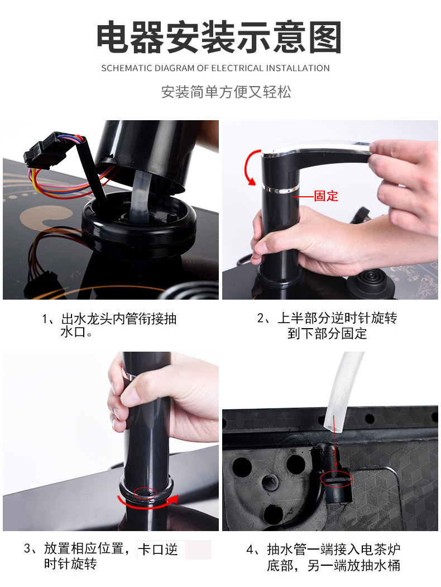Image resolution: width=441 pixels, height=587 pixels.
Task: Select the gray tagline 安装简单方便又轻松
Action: coord(226,92)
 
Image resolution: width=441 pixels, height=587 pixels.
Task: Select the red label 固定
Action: coord(325,196)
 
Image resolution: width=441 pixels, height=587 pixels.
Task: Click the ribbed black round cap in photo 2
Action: coord(367,280)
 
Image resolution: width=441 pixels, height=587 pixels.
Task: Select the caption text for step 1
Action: coord(112,325)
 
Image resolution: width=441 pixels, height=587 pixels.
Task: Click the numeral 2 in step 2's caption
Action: coord(260,319)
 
